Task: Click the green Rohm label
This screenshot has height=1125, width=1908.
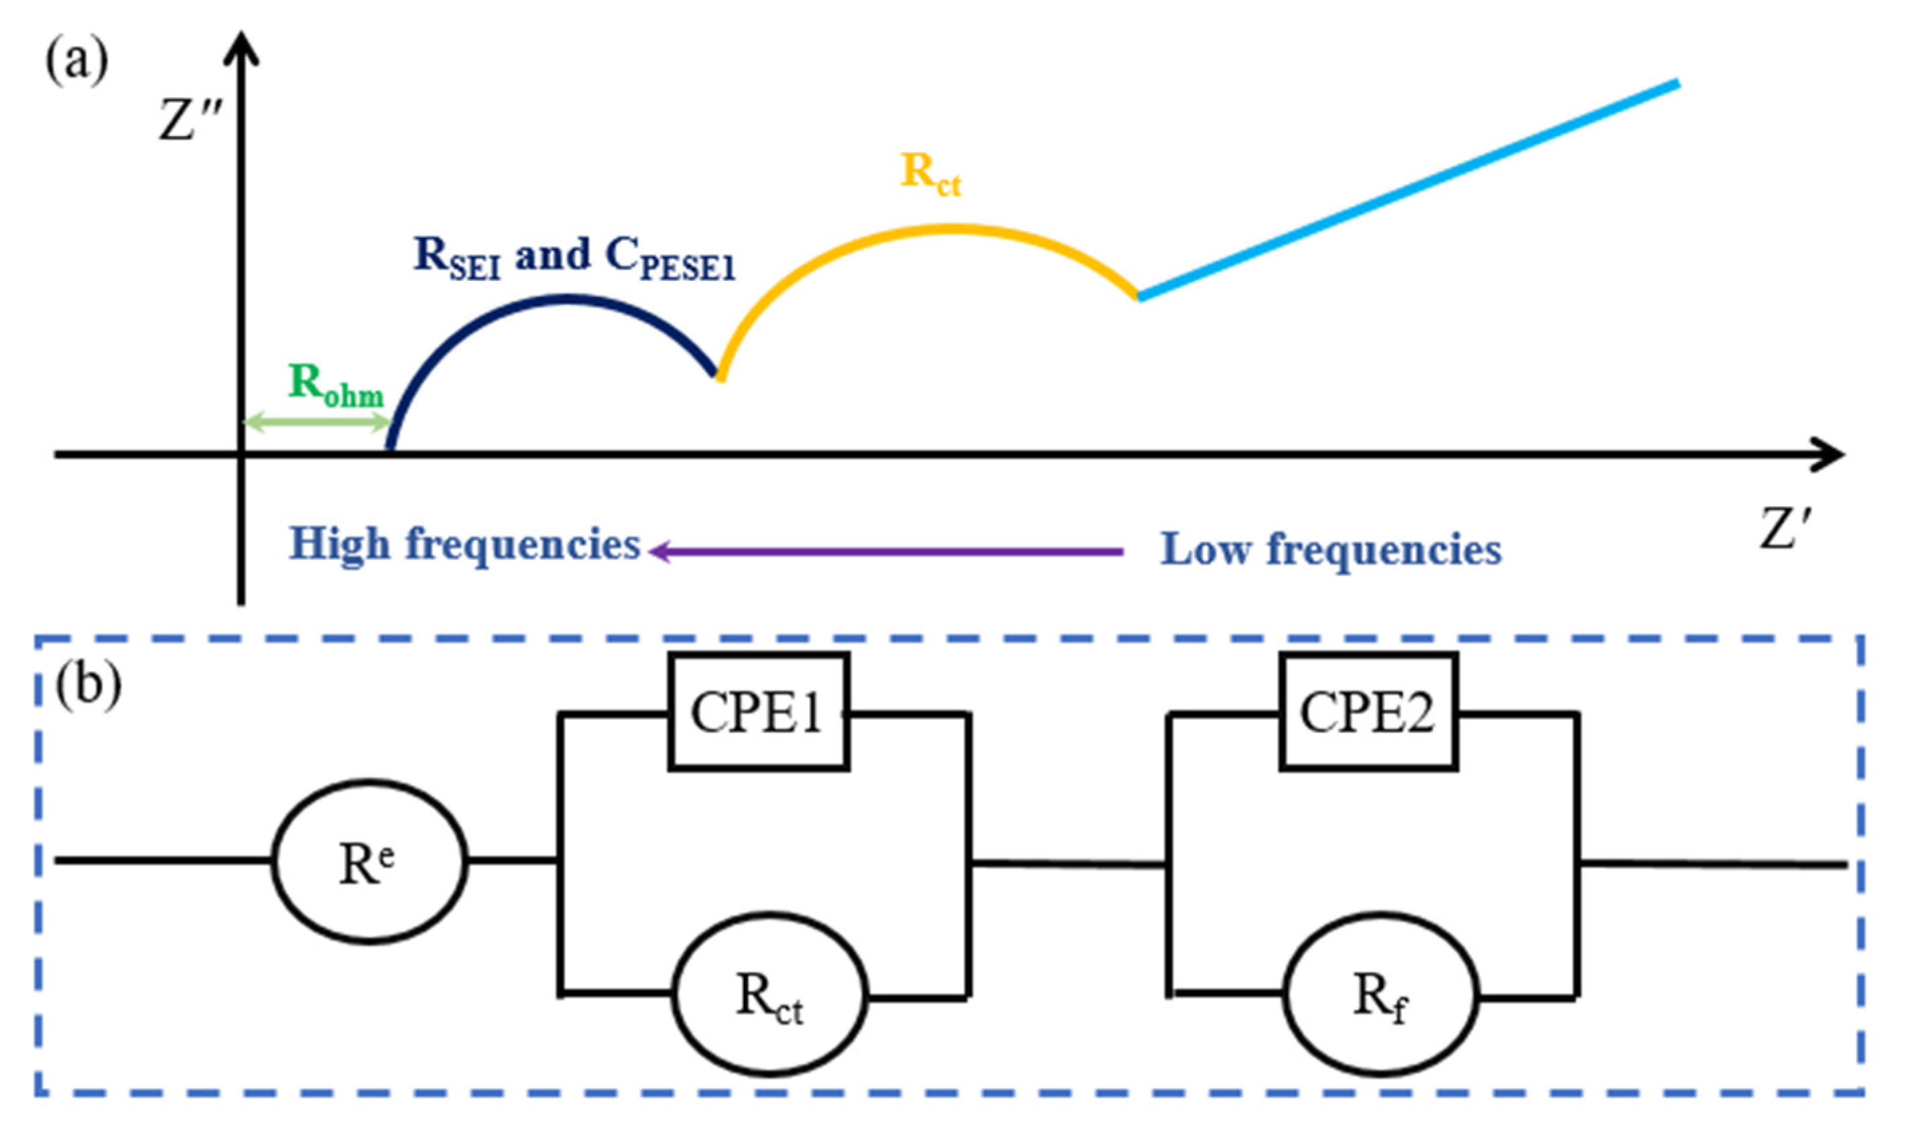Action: [336, 384]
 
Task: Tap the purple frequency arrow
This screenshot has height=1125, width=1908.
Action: [886, 552]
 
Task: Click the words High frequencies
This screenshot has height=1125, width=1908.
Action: [465, 544]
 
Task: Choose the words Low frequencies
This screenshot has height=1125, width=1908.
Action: [1330, 549]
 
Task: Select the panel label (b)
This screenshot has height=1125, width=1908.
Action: [88, 685]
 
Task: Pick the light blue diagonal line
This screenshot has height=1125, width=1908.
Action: [1409, 190]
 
